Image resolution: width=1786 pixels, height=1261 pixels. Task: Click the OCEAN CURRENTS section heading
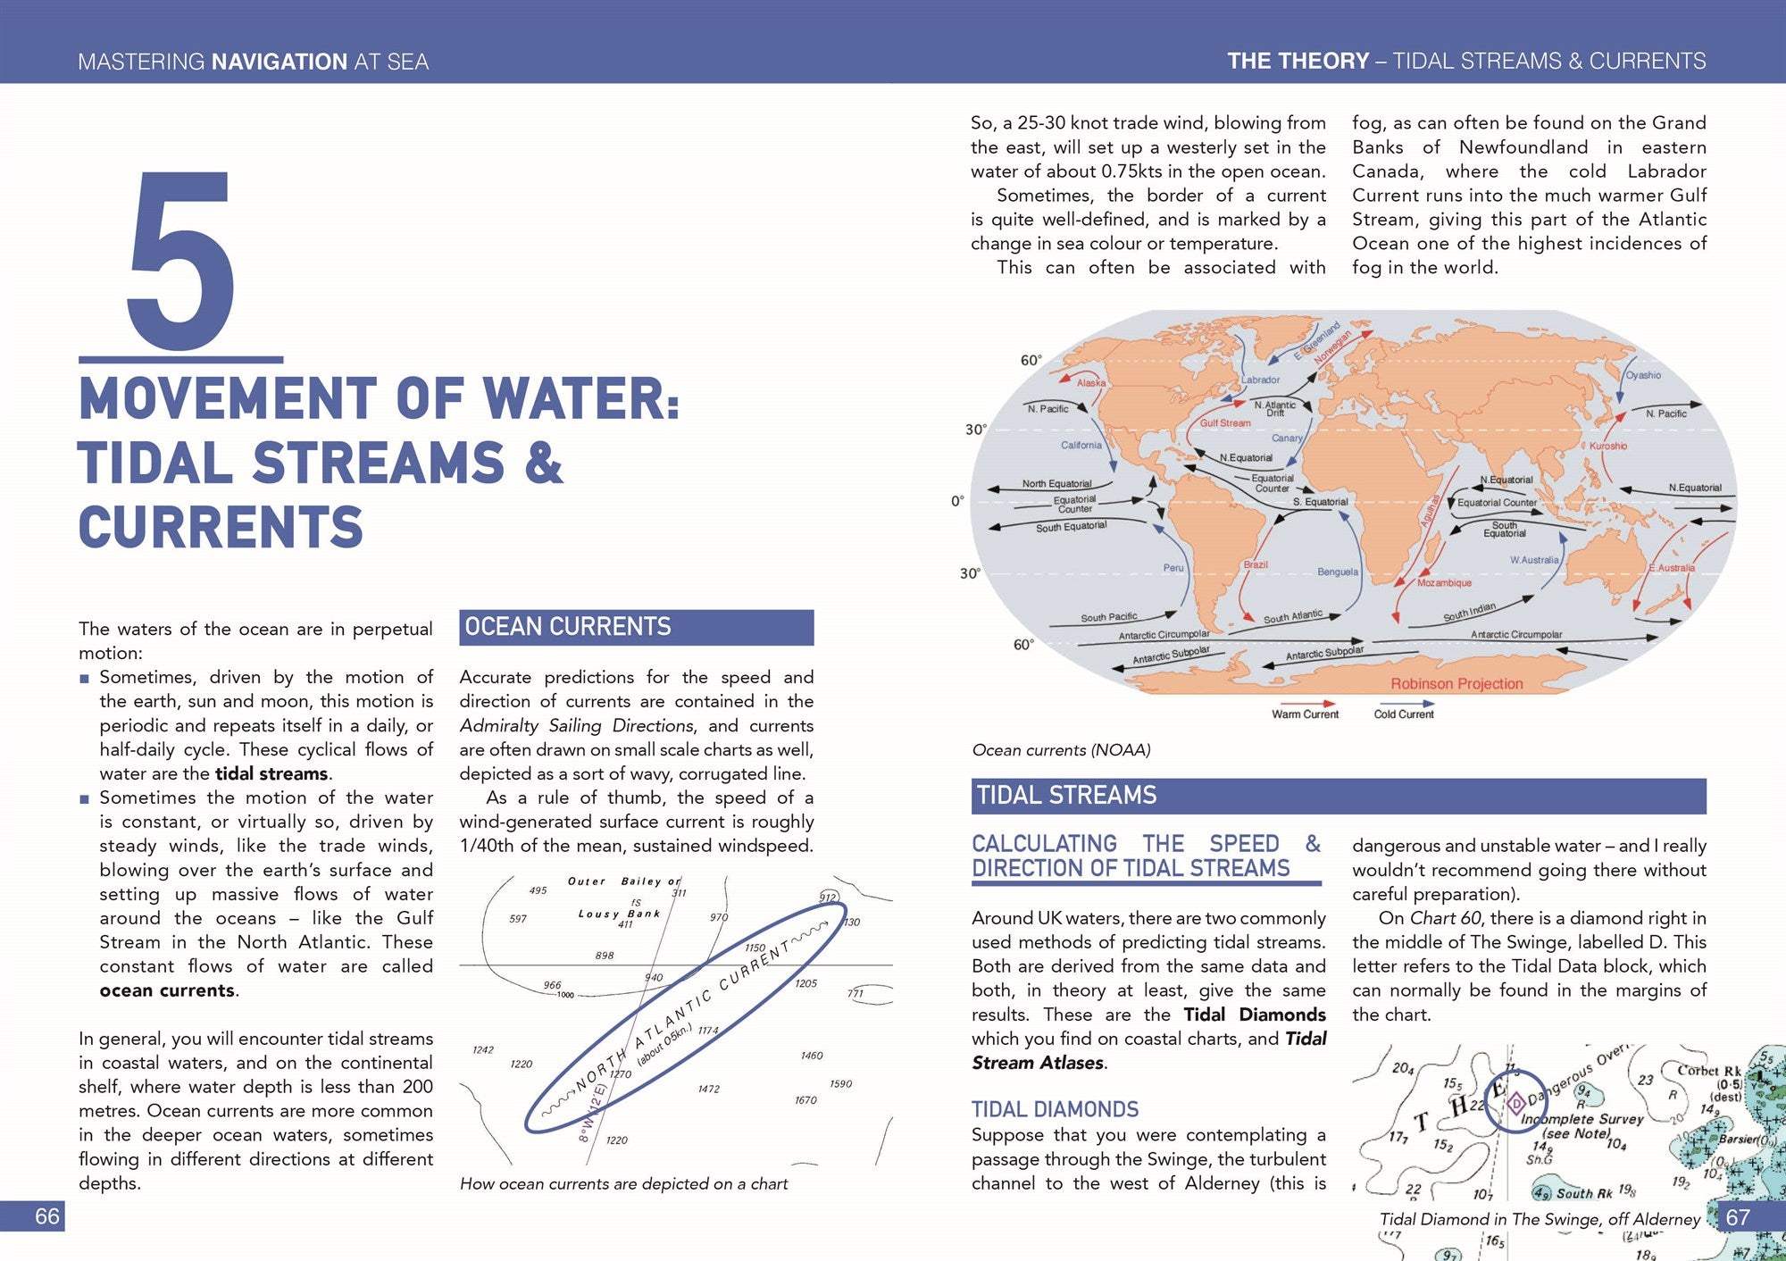(x=568, y=627)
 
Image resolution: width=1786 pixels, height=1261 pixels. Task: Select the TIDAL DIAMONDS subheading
(x=1055, y=1109)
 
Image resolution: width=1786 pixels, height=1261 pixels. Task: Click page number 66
(x=46, y=1216)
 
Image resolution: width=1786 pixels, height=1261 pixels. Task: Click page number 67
(x=1737, y=1217)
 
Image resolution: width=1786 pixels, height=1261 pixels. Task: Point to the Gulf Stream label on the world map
(x=1224, y=423)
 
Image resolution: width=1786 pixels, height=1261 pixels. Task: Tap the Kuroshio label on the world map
(x=1607, y=446)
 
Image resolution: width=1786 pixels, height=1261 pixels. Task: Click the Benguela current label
(x=1337, y=572)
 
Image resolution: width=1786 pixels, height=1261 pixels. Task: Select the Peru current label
(x=1173, y=568)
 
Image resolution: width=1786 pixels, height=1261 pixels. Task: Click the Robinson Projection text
(x=1456, y=684)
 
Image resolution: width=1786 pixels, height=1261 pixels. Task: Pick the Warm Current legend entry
(x=1305, y=714)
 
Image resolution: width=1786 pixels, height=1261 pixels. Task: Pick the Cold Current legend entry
(x=1403, y=714)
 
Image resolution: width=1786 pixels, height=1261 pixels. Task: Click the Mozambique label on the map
(x=1444, y=583)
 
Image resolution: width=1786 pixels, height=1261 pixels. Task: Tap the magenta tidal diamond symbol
(x=1515, y=1104)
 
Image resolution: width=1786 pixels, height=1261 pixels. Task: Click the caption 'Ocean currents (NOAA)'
(x=1061, y=750)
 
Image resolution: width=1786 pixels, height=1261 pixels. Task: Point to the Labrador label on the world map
(x=1260, y=380)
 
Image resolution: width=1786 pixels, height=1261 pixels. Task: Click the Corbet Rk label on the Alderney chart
(x=1708, y=1071)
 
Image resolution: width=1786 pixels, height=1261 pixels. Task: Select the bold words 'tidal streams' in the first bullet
(x=271, y=774)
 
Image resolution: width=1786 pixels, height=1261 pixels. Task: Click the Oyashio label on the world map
(x=1643, y=375)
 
